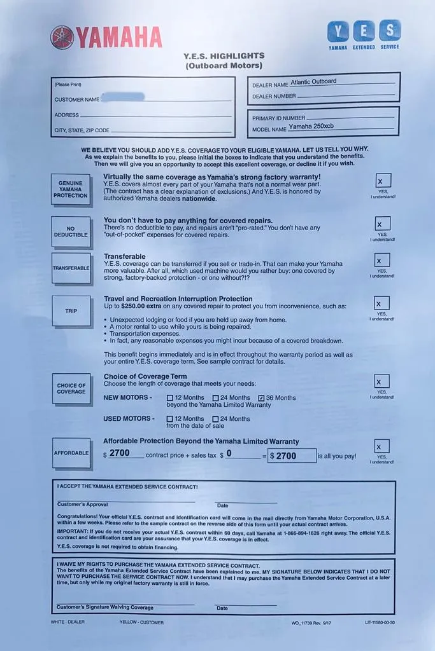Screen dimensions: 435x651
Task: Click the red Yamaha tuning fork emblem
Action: click(62, 38)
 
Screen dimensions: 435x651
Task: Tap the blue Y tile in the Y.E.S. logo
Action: click(338, 31)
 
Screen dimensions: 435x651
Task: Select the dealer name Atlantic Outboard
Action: click(313, 81)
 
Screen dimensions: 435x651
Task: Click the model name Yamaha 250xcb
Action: click(311, 126)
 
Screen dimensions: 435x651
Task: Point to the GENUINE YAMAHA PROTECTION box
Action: click(70, 189)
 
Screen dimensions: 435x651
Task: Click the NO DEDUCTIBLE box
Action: click(70, 231)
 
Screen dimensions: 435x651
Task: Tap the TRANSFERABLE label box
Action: click(70, 268)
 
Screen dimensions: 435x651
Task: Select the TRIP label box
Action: click(71, 311)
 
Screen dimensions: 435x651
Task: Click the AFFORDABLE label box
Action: click(71, 453)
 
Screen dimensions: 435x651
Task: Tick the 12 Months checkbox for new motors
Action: click(169, 398)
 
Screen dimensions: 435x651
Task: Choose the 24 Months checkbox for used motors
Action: click(215, 419)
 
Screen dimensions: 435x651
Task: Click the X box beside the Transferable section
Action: click(382, 260)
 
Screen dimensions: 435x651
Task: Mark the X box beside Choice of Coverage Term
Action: click(382, 381)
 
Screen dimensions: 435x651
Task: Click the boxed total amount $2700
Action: click(292, 455)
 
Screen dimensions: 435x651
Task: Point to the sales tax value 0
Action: click(229, 454)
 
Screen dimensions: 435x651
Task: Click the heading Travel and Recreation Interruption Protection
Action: click(178, 299)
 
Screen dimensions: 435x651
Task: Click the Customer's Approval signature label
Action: click(83, 504)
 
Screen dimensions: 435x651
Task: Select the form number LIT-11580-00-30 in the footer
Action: click(380, 622)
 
